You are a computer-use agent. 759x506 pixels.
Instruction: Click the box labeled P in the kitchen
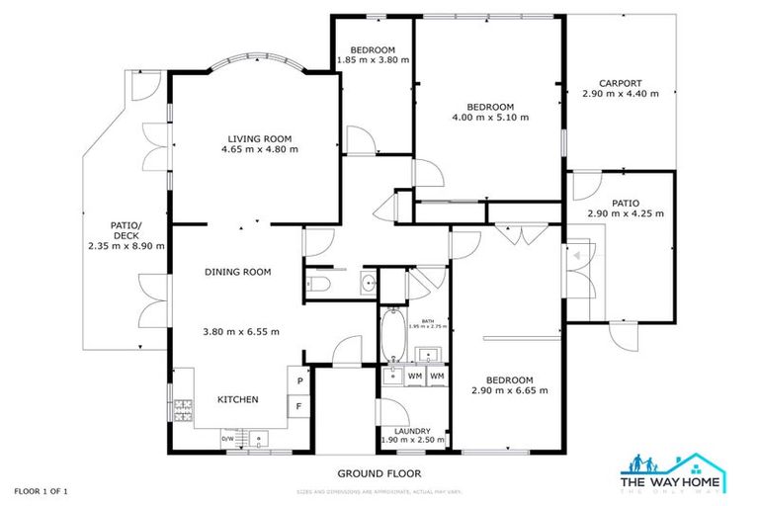click(298, 379)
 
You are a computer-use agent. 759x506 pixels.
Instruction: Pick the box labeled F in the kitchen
click(298, 405)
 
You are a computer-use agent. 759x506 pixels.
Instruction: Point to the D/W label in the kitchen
click(227, 438)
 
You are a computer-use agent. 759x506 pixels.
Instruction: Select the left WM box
click(415, 377)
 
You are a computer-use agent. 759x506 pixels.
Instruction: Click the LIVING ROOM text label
click(260, 138)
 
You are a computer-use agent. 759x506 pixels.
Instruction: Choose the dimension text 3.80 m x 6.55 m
click(241, 331)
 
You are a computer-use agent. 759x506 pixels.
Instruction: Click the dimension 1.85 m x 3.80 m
click(373, 60)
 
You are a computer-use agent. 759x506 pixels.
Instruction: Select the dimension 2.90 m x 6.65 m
click(509, 390)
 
